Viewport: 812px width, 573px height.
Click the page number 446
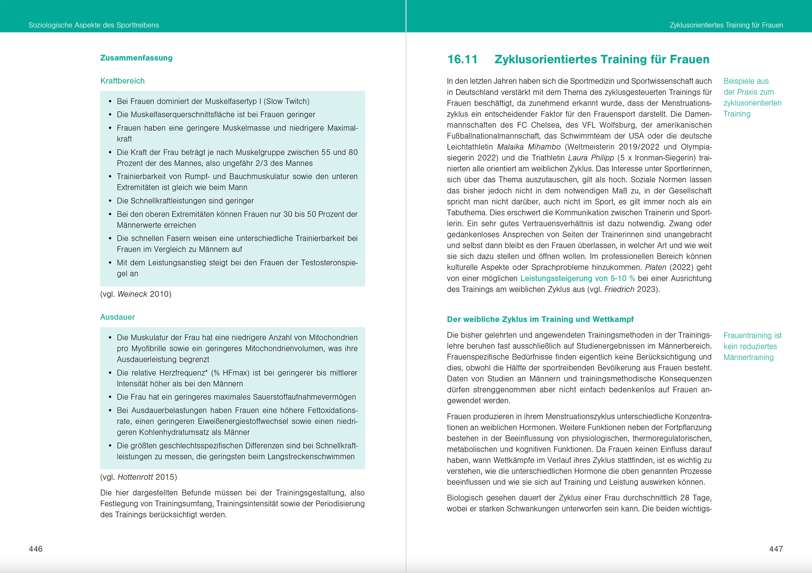click(x=36, y=549)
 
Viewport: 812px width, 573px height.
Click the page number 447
click(x=776, y=549)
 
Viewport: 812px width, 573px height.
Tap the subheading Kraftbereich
click(x=123, y=81)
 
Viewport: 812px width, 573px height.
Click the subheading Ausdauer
click(x=117, y=317)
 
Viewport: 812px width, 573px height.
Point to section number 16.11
click(x=462, y=60)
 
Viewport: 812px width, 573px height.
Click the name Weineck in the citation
click(x=132, y=294)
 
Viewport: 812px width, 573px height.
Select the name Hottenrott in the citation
click(x=135, y=477)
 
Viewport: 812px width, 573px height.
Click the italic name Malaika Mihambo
click(x=529, y=147)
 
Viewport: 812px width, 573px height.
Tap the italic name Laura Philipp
click(x=591, y=158)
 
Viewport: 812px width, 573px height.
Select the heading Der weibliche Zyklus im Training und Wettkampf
click(x=540, y=319)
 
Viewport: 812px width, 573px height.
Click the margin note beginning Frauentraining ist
click(x=752, y=346)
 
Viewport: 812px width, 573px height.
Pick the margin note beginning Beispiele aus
click(x=752, y=97)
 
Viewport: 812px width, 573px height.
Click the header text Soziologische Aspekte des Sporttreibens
click(x=94, y=25)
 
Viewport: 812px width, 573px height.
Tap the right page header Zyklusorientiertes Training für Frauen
click(x=726, y=25)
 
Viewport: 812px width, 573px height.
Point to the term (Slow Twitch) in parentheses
click(x=287, y=102)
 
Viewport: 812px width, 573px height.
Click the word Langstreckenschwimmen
click(x=311, y=457)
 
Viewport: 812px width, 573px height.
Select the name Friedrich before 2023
click(x=619, y=290)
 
